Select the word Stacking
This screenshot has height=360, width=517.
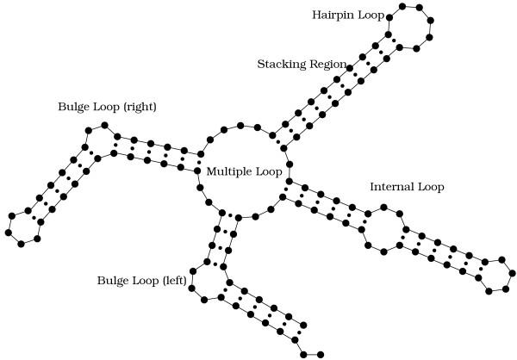[280, 65]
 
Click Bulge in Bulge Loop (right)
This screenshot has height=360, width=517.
[73, 108]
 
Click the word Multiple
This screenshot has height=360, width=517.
[228, 172]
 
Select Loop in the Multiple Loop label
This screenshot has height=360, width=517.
[268, 172]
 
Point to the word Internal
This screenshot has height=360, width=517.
[392, 186]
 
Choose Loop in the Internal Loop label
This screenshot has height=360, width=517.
[433, 186]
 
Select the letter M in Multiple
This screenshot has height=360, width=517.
[211, 172]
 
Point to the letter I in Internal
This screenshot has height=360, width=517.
[372, 186]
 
